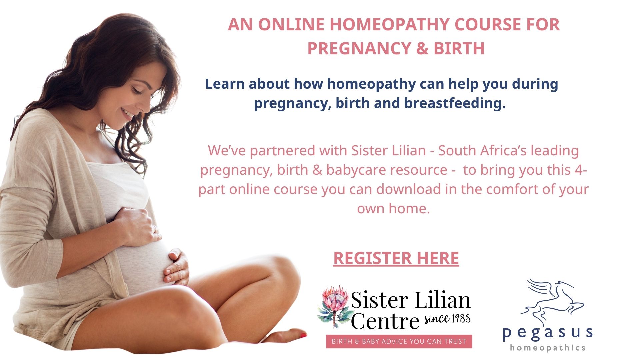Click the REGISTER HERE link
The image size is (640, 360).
tap(396, 258)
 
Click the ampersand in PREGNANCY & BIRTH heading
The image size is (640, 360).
tap(422, 49)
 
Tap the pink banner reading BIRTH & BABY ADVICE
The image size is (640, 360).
tap(399, 341)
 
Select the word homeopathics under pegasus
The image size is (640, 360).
tap(548, 348)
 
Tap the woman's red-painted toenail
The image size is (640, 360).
tap(303, 335)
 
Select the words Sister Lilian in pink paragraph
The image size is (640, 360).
tap(389, 151)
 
